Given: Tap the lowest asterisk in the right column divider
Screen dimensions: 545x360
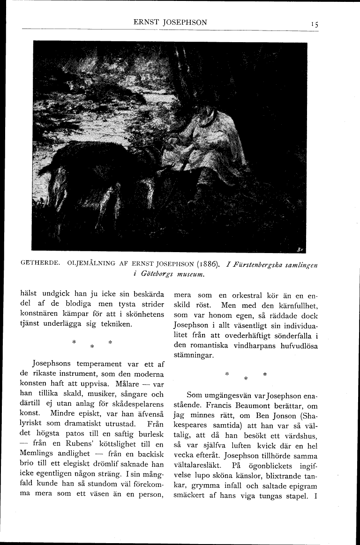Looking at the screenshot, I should pyautogui.click(x=246, y=378).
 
